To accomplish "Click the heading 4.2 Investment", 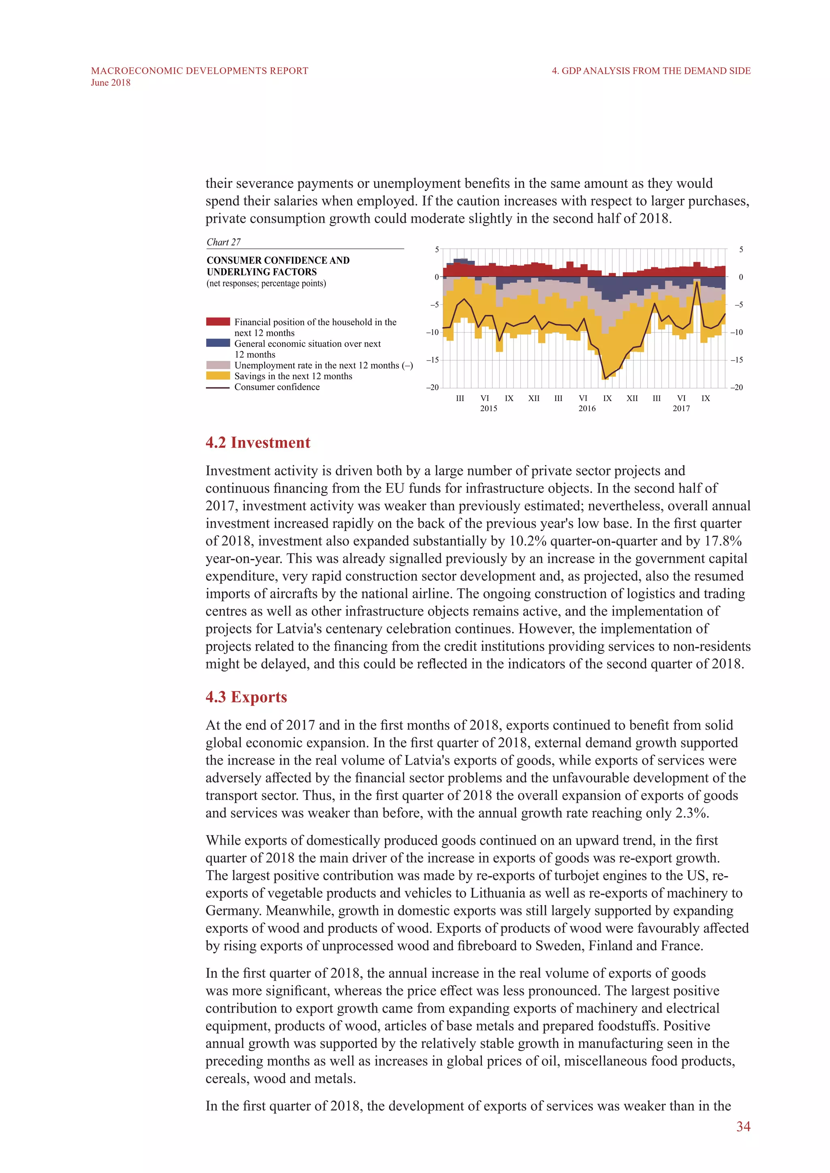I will (x=258, y=442).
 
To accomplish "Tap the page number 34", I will (x=743, y=1126).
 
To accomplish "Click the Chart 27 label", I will (x=223, y=242).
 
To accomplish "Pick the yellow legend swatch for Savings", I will (x=218, y=376).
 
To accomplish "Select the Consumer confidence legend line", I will (x=218, y=388).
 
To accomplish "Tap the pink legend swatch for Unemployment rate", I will (x=218, y=365).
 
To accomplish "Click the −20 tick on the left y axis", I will (x=432, y=387).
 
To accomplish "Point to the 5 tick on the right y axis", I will (x=741, y=250).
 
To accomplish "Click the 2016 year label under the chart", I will (x=587, y=409).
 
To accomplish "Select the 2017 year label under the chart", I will (x=681, y=409).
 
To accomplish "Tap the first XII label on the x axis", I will (x=534, y=399).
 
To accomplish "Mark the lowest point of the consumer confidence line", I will (x=605, y=379).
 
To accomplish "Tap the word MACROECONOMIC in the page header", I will (x=137, y=71).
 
